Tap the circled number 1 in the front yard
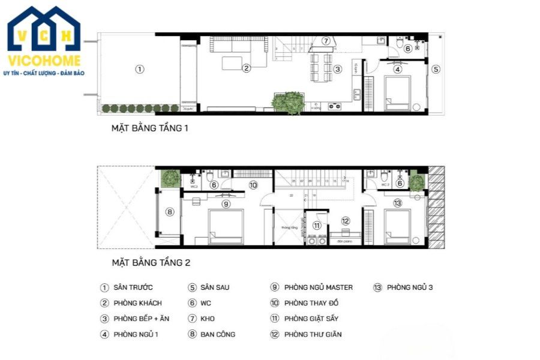click(x=139, y=69)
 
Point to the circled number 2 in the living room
click(x=246, y=68)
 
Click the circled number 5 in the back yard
click(x=436, y=69)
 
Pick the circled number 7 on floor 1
click(x=326, y=41)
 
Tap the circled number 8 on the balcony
click(x=170, y=211)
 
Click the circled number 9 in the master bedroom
click(x=226, y=204)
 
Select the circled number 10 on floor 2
click(x=253, y=185)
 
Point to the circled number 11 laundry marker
click(x=317, y=226)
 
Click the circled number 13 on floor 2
click(x=397, y=204)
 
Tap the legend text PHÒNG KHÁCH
click(x=137, y=303)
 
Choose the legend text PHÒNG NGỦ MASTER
click(x=319, y=287)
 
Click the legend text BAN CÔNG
click(x=217, y=334)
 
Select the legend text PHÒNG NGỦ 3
click(x=410, y=287)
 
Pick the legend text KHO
click(x=207, y=319)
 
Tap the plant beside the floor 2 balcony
click(x=170, y=178)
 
